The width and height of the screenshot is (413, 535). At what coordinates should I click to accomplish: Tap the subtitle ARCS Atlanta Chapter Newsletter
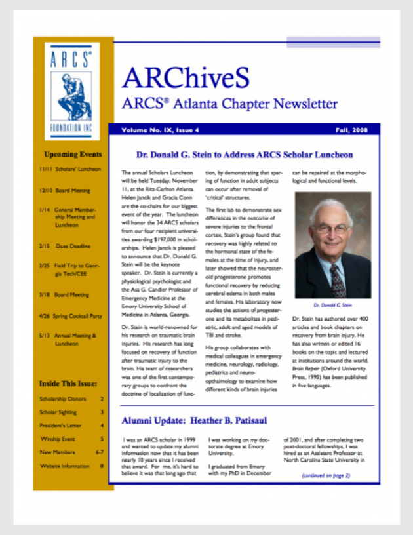229,104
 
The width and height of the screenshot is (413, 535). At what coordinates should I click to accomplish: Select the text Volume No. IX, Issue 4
160,130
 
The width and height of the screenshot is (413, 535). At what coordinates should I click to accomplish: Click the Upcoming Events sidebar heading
73,155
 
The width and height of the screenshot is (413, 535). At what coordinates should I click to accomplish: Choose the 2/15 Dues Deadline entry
65,246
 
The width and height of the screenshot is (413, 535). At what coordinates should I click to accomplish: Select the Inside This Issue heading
68,384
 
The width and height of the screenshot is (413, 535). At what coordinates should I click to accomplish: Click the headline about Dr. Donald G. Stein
244,155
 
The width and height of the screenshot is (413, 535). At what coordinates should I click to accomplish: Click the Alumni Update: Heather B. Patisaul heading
194,420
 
